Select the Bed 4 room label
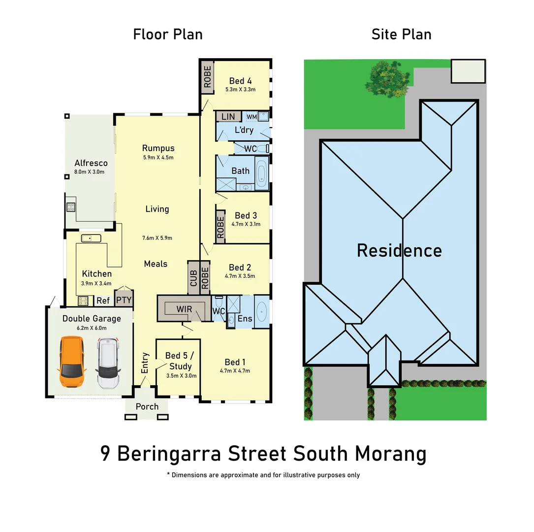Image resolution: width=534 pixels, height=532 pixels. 240,81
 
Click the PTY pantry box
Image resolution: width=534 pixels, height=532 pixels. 123,299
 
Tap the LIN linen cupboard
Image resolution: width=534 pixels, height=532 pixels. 228,117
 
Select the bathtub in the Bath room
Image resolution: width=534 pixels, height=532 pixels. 261,174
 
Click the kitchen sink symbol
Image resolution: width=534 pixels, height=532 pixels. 91,238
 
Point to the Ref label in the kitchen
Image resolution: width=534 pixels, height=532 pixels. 103,300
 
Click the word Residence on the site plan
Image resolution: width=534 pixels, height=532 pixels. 399,250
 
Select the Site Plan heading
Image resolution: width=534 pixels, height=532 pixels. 401,34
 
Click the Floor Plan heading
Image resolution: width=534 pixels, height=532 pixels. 167,34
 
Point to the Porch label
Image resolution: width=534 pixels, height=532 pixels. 147,406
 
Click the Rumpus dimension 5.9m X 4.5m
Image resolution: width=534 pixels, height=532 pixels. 158,158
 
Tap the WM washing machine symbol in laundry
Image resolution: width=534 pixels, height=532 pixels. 251,116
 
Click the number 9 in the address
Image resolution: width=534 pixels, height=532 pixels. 105,454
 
